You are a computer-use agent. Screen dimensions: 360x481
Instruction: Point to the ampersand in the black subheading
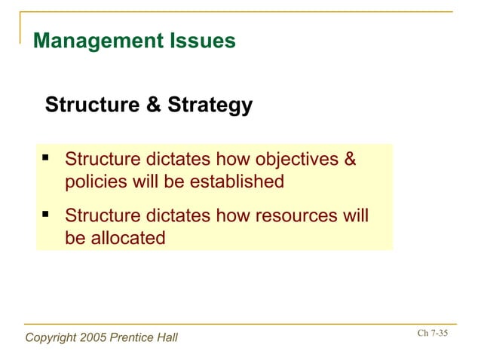pos(154,105)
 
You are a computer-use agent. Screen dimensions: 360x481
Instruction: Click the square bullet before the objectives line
pos(46,159)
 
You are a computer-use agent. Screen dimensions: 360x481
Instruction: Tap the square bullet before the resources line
pos(46,215)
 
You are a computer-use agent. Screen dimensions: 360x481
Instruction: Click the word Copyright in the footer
pos(51,337)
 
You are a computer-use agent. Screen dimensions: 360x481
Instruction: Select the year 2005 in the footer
pos(93,337)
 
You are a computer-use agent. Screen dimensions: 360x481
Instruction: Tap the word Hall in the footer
pos(166,337)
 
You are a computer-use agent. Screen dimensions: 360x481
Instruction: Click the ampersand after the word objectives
pos(349,160)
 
